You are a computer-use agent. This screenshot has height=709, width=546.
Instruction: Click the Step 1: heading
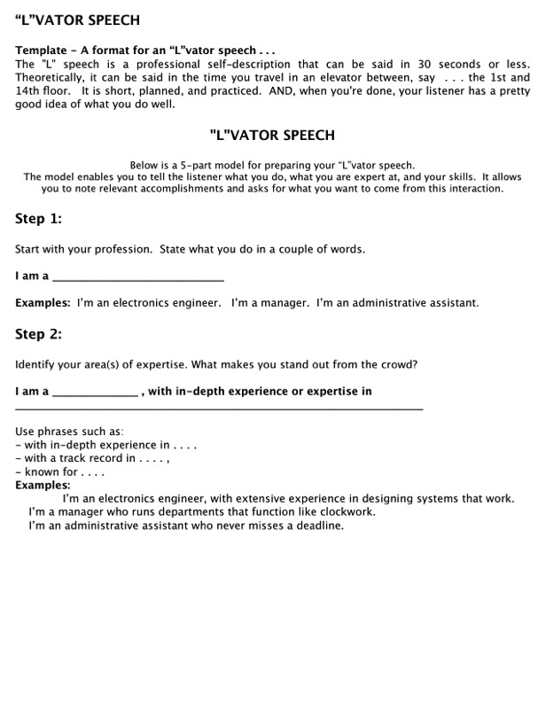tap(38, 219)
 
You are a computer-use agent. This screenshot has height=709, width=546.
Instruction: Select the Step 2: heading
tap(38, 334)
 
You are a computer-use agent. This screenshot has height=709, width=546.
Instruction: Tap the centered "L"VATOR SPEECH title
tap(272, 135)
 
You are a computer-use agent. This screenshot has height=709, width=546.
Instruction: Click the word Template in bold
tap(41, 50)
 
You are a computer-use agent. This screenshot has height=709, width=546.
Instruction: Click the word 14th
tap(29, 90)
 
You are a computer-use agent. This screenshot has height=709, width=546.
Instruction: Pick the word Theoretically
tap(53, 78)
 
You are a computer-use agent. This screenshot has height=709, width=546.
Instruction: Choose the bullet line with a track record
tap(93, 458)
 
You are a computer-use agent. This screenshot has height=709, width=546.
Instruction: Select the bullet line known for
tap(60, 471)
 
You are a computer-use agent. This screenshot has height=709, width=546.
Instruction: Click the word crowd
tap(400, 363)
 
